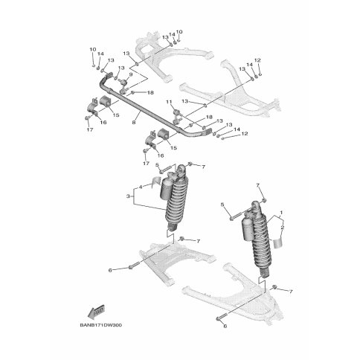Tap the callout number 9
point(131,75)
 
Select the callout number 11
point(169,101)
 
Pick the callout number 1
point(283,213)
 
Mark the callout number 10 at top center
point(179,32)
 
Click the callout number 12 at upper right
point(257,60)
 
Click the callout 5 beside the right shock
point(222,204)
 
